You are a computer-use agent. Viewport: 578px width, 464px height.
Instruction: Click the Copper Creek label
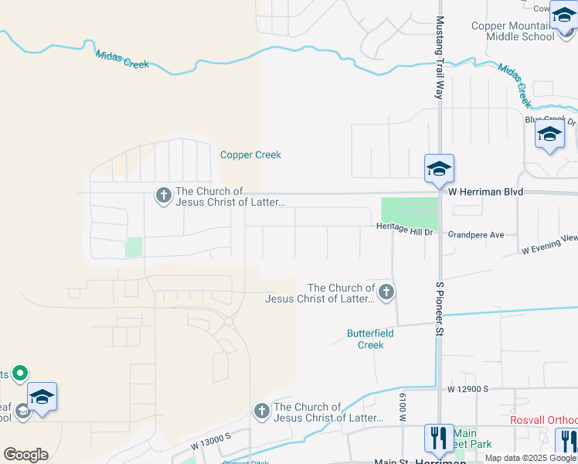pos(250,155)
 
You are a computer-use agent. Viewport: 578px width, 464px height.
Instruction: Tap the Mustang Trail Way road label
pos(439,58)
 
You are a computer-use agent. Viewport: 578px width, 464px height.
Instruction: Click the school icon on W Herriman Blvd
pos(439,169)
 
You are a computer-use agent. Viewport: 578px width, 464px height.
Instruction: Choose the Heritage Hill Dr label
pos(407,230)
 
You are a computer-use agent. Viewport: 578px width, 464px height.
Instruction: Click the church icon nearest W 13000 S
pos(262,411)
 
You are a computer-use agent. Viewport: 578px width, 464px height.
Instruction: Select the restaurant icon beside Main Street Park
pos(439,438)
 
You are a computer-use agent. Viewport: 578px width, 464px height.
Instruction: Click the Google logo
pos(25,455)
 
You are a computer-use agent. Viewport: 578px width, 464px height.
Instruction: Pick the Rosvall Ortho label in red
pos(543,420)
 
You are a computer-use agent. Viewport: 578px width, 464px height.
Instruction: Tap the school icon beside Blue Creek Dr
pos(549,135)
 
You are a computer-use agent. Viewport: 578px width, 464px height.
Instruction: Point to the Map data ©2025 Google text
pos(530,458)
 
